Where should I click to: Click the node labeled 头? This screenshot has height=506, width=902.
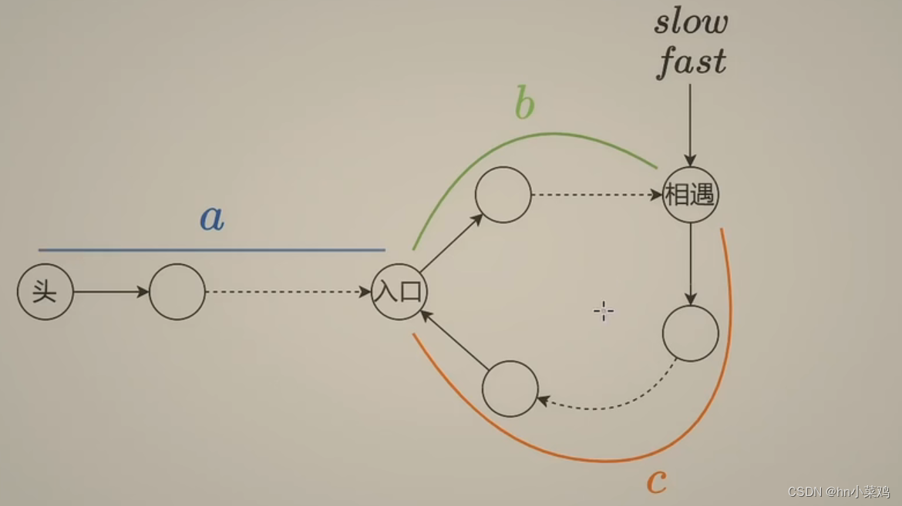pyautogui.click(x=45, y=292)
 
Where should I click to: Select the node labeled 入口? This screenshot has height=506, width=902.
pyautogui.click(x=399, y=292)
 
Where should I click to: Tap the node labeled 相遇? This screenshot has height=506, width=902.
pyautogui.click(x=690, y=195)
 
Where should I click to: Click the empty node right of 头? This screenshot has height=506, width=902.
pyautogui.click(x=177, y=292)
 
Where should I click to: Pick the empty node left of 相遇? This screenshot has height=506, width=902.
pyautogui.click(x=503, y=195)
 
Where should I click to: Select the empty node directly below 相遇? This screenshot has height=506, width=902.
pyautogui.click(x=690, y=333)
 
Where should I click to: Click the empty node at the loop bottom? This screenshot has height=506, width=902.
pyautogui.click(x=510, y=389)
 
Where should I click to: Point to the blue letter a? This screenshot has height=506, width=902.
pyautogui.click(x=212, y=219)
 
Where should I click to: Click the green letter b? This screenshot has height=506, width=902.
pyautogui.click(x=524, y=106)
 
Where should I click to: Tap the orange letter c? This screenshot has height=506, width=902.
pyautogui.click(x=656, y=482)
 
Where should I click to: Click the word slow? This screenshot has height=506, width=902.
pyautogui.click(x=691, y=22)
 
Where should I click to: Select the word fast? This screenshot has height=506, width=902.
pyautogui.click(x=692, y=62)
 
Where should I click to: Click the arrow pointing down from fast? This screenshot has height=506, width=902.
pyautogui.click(x=690, y=123)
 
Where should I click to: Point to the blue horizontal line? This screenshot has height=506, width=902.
pyautogui.click(x=212, y=250)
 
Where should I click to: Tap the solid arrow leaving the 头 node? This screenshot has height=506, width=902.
pyautogui.click(x=111, y=292)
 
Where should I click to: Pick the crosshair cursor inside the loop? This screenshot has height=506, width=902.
pyautogui.click(x=604, y=311)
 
